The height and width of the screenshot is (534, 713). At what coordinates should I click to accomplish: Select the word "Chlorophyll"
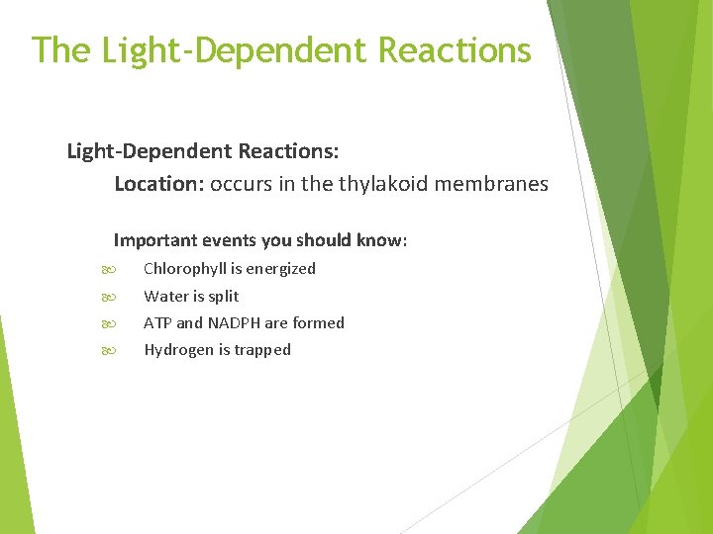coord(185,269)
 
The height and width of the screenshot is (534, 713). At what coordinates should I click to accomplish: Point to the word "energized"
coord(282,269)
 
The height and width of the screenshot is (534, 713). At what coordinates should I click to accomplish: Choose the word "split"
coord(223,296)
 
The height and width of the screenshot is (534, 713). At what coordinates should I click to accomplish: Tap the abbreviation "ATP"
coord(157,322)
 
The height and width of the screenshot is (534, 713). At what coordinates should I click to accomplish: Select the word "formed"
coord(319,322)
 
